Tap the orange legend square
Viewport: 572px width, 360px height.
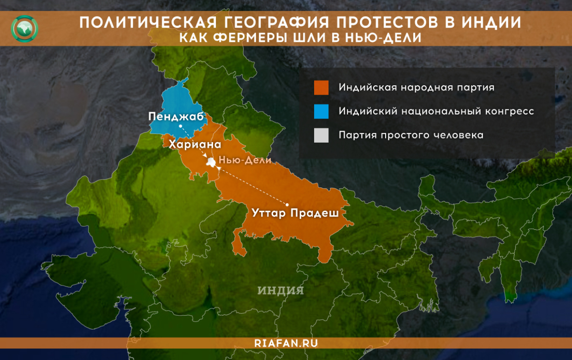(321, 88)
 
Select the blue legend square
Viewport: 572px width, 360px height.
(321, 112)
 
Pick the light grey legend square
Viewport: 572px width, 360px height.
(321, 135)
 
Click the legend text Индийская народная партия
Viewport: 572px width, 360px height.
(416, 87)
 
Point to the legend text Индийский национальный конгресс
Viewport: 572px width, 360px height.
(436, 111)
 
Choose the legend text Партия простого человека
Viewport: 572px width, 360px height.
(411, 135)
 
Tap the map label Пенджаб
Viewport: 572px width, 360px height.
(176, 116)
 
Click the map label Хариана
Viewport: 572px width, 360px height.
(195, 144)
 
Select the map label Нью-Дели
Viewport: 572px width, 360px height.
(245, 161)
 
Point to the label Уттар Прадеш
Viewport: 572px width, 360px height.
(295, 213)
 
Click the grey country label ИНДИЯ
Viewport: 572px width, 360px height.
(280, 290)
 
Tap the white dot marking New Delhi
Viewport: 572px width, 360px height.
(211, 162)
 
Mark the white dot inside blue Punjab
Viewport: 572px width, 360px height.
(180, 126)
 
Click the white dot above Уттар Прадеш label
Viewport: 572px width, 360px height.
(287, 204)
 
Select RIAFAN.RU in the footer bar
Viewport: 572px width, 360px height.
(286, 343)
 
